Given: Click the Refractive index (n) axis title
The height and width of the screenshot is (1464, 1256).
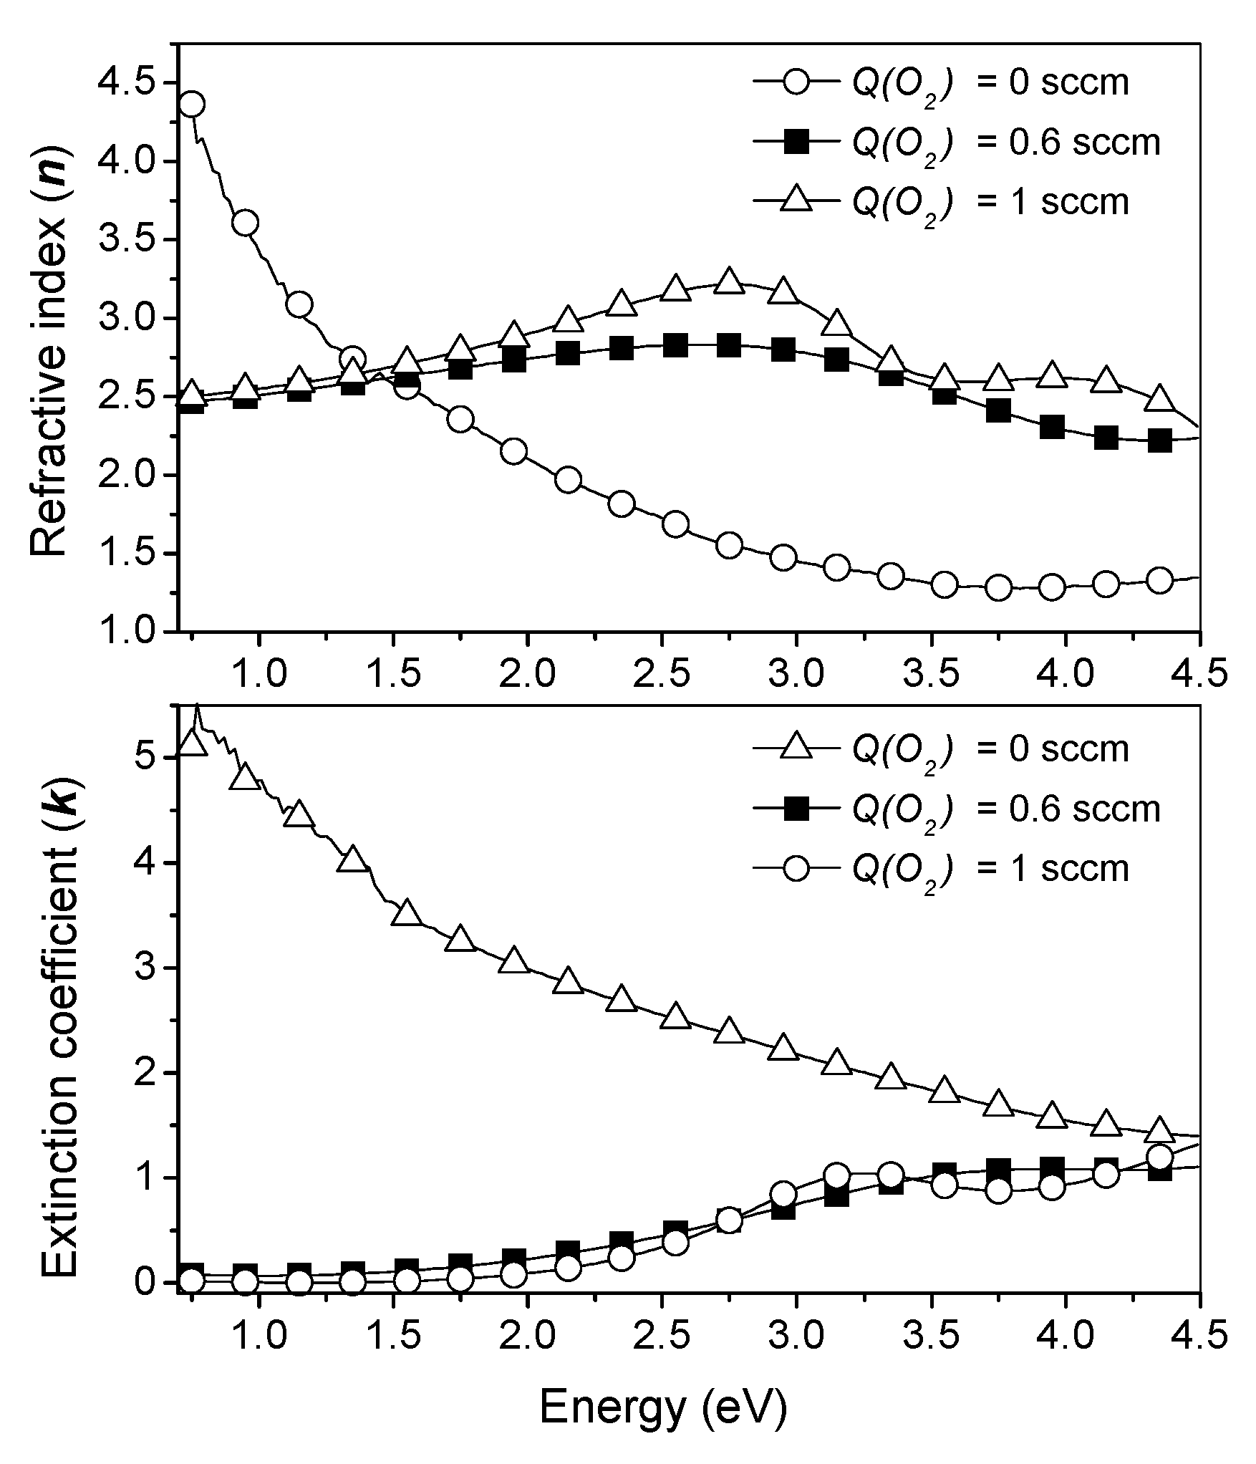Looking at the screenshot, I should tap(50, 352).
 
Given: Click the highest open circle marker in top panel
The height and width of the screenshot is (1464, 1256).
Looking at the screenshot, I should tap(191, 104).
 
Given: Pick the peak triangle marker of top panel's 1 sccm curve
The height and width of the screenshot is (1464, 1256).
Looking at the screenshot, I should tap(729, 281).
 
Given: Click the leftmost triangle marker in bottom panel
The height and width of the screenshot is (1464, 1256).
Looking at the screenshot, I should tap(191, 743).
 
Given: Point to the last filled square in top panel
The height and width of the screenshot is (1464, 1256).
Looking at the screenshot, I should tap(1160, 440).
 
